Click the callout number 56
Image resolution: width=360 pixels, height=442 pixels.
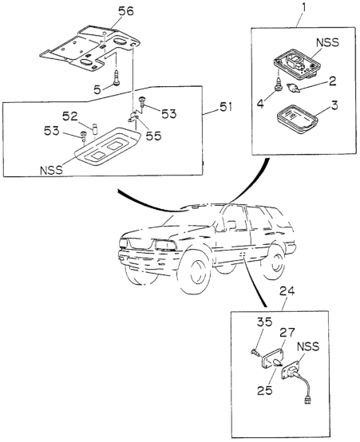tap(125, 11)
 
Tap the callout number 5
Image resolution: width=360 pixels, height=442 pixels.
tap(97, 90)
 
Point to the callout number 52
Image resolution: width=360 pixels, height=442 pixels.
tap(70, 116)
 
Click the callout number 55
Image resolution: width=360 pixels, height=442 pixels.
tap(153, 136)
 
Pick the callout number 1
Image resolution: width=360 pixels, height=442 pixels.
tap(303, 8)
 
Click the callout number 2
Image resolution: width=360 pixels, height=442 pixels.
tap(332, 81)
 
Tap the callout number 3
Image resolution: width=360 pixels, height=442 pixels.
tap(334, 105)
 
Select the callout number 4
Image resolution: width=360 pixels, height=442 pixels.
tap(260, 104)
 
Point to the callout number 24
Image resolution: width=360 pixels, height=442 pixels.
tap(287, 291)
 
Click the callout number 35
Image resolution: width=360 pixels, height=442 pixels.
tap(264, 322)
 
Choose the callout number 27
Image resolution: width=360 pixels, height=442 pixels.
tap(287, 333)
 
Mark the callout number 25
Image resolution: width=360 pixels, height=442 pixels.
tap(265, 391)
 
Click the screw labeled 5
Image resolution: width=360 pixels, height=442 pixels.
tap(117, 77)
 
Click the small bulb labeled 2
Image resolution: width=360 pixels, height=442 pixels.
tap(292, 89)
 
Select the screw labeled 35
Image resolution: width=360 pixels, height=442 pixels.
tap(255, 352)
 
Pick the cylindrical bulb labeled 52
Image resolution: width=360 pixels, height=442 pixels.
tap(95, 128)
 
